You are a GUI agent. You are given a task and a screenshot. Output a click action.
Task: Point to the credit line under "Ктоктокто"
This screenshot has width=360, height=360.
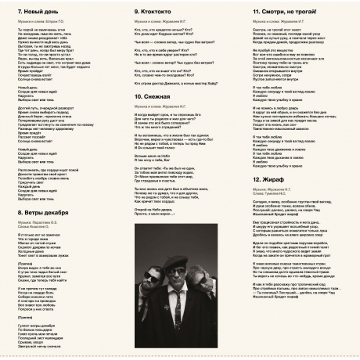162,23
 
